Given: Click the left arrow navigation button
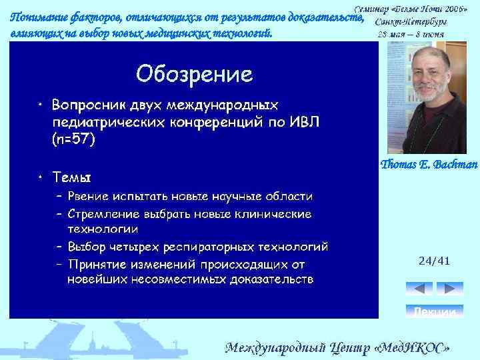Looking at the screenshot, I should tap(419, 289).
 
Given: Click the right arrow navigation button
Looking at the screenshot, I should tap(450, 289).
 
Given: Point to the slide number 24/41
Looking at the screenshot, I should tap(434, 261).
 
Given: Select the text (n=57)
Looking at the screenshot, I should tap(73, 139).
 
